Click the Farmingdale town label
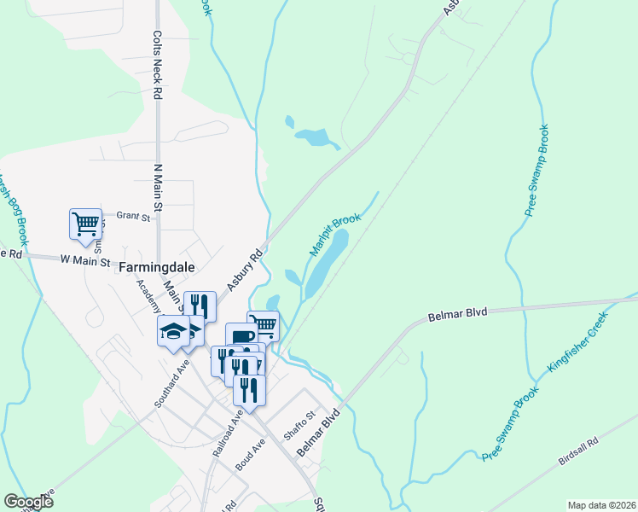(157, 267)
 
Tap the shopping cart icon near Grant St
(85, 224)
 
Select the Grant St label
(133, 218)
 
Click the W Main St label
(85, 261)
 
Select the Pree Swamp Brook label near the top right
(537, 170)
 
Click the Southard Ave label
(172, 384)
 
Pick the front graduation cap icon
(172, 331)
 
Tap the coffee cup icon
(241, 338)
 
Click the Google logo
(28, 502)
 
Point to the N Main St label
(157, 188)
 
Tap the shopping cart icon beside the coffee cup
(264, 325)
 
